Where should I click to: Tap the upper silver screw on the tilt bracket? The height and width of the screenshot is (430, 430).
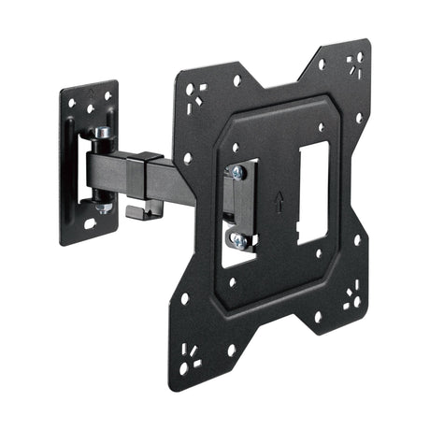pos(239,172)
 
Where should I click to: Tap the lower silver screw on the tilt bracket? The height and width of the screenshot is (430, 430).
pos(238,240)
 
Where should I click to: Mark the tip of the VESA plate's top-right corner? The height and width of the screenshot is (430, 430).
pos(366,42)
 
